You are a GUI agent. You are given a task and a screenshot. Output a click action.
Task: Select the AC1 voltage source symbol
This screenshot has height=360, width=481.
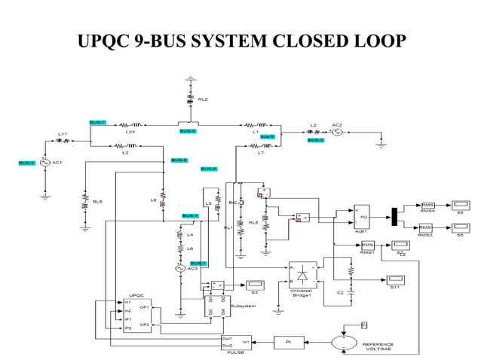(44, 163)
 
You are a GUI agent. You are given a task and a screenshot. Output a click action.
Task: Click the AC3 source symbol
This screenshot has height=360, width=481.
(180, 267)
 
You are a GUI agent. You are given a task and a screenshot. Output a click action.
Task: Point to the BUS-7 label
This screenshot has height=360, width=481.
(97, 122)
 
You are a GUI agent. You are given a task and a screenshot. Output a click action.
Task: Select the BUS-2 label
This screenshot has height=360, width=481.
(27, 163)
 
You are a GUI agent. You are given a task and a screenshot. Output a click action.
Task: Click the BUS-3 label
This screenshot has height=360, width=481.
(315, 140)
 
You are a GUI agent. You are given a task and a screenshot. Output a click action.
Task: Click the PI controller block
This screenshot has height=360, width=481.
(288, 342)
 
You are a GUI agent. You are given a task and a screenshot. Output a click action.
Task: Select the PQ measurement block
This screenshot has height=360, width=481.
(362, 217)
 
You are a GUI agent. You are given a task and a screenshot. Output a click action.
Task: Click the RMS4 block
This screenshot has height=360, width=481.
(427, 205)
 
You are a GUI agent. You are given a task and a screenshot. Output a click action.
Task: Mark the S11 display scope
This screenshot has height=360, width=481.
(394, 281)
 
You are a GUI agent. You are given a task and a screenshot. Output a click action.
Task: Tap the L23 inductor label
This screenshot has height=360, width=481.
(130, 132)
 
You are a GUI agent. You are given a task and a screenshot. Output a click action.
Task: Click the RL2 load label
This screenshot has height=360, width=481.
(203, 99)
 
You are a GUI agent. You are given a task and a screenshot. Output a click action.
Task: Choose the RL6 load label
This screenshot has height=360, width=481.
(97, 202)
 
